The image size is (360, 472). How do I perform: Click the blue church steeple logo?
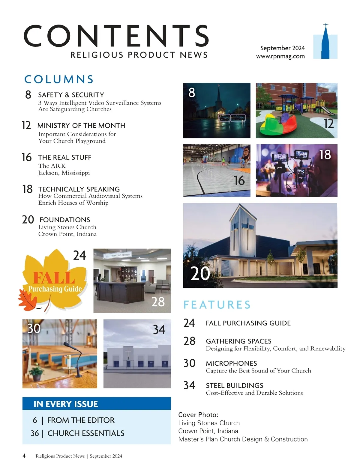325,43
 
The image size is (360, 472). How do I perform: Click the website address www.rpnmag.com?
280,56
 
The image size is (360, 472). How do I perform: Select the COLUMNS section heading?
59,79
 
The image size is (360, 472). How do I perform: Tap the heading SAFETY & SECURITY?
71,95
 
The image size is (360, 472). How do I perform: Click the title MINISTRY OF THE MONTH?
81,126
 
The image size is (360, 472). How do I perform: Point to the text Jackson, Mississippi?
64,173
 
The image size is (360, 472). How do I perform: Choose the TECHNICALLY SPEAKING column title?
79,189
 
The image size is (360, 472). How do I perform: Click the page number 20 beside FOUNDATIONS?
28,220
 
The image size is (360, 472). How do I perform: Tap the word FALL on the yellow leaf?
54,278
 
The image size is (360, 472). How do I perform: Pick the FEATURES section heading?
217,305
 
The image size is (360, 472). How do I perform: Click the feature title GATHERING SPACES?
238,341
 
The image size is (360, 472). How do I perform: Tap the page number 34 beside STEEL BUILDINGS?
189,385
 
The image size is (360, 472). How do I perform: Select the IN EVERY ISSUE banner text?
66,404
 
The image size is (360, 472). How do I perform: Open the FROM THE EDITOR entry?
81,420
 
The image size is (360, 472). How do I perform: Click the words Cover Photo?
198,415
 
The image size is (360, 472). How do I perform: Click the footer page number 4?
24,456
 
